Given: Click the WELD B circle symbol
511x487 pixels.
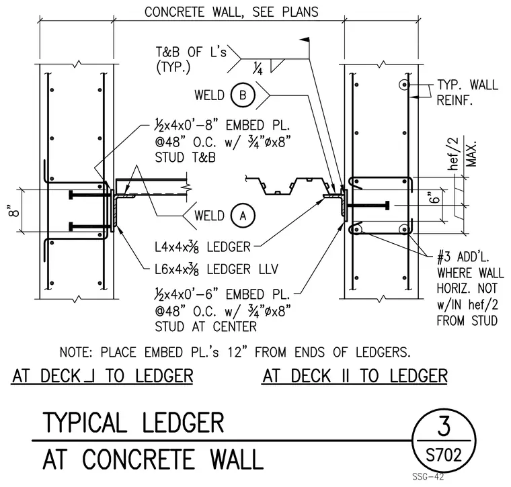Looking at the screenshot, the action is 243,95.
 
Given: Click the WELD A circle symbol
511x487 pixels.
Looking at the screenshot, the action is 243,216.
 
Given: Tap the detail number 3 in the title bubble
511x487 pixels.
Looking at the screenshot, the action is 444,427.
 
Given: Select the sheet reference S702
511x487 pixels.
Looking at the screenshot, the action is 444,454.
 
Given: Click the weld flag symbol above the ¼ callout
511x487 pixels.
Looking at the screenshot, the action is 305,40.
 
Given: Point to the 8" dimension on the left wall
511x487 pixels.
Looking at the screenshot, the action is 14,211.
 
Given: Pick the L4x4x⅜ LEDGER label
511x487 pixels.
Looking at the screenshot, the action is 202,247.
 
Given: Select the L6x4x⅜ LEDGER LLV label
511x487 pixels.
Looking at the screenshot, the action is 217,269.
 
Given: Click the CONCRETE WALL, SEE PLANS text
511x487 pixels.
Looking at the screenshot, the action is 231,12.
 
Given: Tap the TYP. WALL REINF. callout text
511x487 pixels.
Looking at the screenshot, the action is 467,93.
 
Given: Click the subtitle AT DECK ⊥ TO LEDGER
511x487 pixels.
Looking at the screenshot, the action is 102,376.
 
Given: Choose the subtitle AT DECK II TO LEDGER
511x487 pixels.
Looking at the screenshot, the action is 355,376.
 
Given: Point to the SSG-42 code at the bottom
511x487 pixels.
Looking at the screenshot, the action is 428,477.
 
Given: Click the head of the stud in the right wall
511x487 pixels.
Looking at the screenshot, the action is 387,206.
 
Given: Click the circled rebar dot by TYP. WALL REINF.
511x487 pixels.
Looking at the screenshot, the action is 404,85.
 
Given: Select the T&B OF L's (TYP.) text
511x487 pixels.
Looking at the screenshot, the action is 191,60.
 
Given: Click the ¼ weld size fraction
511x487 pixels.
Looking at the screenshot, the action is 258,68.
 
